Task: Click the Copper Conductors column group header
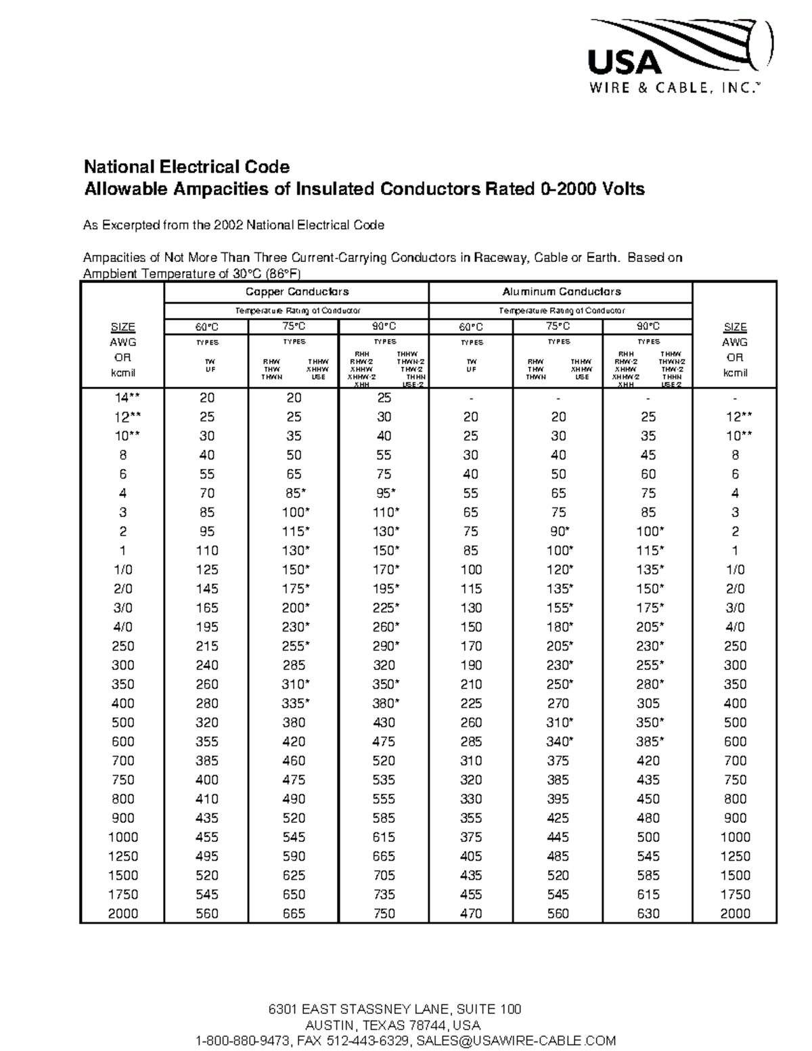(x=296, y=292)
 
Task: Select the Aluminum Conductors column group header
(x=561, y=292)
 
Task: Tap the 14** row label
(x=122, y=398)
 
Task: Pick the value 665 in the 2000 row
(x=294, y=914)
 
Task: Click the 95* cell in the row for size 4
(x=384, y=493)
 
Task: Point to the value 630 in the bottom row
(x=648, y=914)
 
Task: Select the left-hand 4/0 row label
(x=122, y=627)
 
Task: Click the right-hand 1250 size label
(x=735, y=856)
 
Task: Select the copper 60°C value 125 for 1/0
(x=207, y=570)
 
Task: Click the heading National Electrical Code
(x=187, y=167)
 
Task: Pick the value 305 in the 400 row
(x=648, y=704)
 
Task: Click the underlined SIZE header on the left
(x=122, y=328)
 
